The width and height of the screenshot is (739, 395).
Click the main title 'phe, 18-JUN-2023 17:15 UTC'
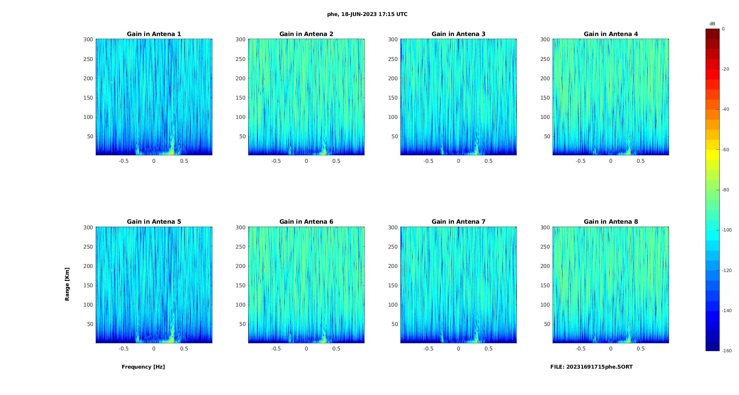pyautogui.click(x=367, y=14)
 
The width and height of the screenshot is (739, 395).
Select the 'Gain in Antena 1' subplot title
pyautogui.click(x=154, y=34)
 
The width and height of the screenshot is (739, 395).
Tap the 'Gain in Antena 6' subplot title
pyautogui.click(x=306, y=222)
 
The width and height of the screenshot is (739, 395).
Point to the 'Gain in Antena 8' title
pyautogui.click(x=611, y=222)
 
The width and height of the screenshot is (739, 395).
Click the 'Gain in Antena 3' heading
pyautogui.click(x=458, y=34)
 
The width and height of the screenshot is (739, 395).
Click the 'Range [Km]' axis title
pyautogui.click(x=67, y=284)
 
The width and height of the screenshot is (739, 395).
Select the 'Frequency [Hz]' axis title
pyautogui.click(x=143, y=367)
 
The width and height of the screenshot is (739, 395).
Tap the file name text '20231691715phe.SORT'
pyautogui.click(x=599, y=367)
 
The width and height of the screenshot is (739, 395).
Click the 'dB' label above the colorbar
pyautogui.click(x=712, y=24)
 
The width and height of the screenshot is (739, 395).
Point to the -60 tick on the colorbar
pyautogui.click(x=726, y=150)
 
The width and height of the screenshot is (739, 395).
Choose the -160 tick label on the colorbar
pyautogui.click(x=727, y=351)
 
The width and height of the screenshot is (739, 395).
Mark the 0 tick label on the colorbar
pyautogui.click(x=723, y=29)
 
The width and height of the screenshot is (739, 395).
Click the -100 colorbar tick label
pyautogui.click(x=727, y=230)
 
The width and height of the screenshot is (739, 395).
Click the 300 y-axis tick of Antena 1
pyautogui.click(x=88, y=39)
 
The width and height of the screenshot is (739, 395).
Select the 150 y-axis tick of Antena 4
pyautogui.click(x=545, y=98)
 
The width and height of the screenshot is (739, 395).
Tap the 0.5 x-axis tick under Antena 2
pyautogui.click(x=336, y=161)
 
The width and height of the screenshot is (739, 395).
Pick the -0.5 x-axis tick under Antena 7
pyautogui.click(x=428, y=349)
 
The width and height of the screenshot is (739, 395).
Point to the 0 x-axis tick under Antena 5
pyautogui.click(x=154, y=349)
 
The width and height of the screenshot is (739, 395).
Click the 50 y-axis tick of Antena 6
pyautogui.click(x=243, y=324)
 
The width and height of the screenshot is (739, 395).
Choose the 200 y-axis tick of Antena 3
pyautogui.click(x=393, y=78)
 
